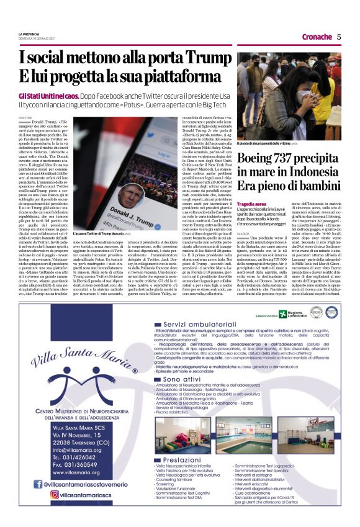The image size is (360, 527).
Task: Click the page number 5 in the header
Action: tap(339, 37)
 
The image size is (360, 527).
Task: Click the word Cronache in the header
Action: tap(317, 37)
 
